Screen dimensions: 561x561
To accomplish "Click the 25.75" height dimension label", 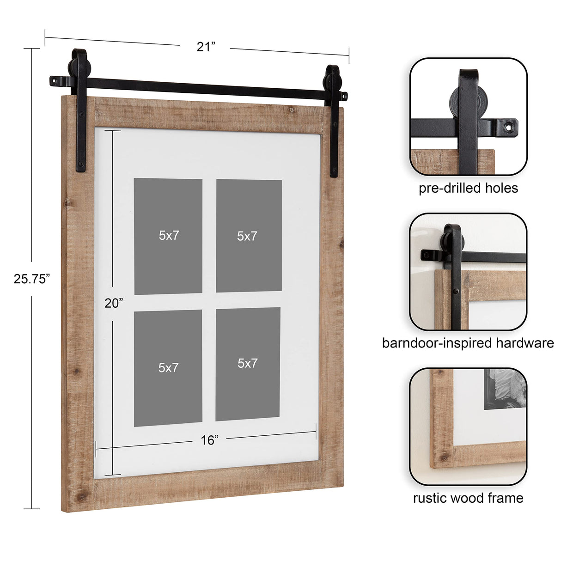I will pyautogui.click(x=31, y=279).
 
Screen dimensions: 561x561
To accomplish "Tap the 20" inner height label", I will pyautogui.click(x=114, y=303).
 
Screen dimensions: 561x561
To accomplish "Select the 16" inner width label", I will pyautogui.click(x=209, y=440).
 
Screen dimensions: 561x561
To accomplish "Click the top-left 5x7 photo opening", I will pyautogui.click(x=168, y=236).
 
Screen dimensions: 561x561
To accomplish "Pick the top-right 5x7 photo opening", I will pyautogui.click(x=249, y=236).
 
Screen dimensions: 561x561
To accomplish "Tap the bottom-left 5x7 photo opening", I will pyautogui.click(x=168, y=368).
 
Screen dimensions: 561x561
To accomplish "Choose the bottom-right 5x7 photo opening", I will pyautogui.click(x=248, y=364).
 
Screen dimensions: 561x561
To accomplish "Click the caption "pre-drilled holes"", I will pyautogui.click(x=468, y=188).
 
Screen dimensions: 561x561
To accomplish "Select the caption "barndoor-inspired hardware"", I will pyautogui.click(x=468, y=343).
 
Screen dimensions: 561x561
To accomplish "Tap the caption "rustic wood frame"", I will pyautogui.click(x=468, y=498).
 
